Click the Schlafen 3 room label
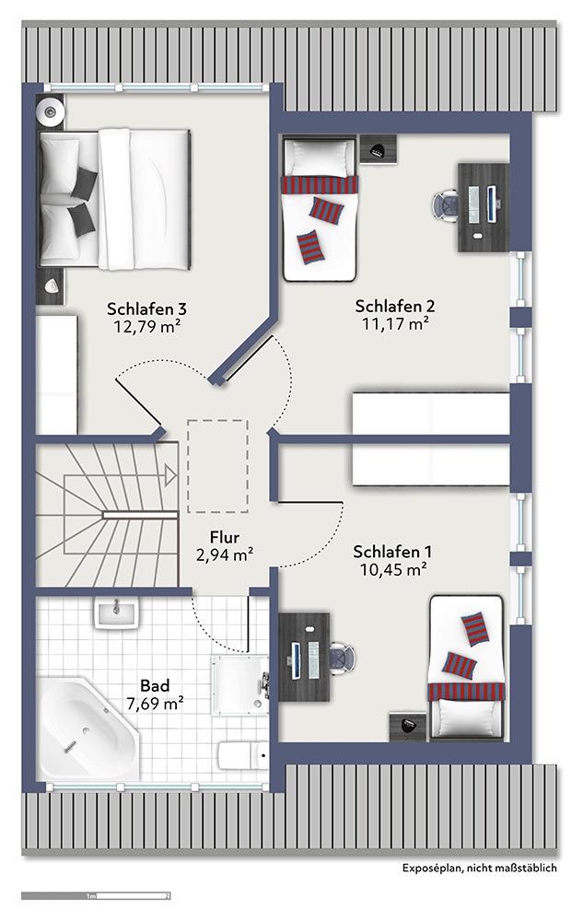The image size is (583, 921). [146, 309]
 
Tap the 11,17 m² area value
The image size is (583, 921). [395, 323]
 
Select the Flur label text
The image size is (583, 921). [225, 537]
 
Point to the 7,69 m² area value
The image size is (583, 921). [156, 703]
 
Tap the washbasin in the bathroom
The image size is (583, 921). [116, 613]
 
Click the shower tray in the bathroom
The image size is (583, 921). [240, 685]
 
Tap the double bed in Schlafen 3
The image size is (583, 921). [115, 199]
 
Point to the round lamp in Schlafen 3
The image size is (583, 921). [50, 111]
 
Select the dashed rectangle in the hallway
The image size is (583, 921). [217, 466]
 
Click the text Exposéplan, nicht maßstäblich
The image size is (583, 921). [480, 868]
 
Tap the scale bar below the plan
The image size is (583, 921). [96, 896]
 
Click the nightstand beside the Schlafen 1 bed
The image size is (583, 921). [408, 727]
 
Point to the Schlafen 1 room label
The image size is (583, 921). [392, 552]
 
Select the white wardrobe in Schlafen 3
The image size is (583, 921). [57, 375]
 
